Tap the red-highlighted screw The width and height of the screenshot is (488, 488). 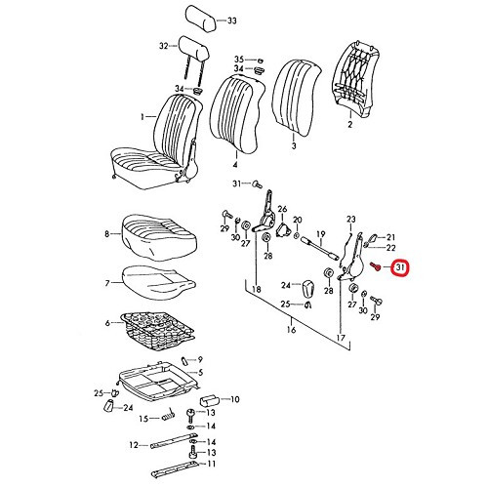pos(376,265)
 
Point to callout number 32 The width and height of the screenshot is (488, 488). pos(164,45)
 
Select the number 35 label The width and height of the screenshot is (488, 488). pos(239,61)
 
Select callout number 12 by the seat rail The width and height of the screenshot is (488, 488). pos(133,446)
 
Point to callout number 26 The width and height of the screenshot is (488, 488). pos(282,210)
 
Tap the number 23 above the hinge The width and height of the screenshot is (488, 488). pos(350,220)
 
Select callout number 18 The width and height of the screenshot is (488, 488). pos(257,290)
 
